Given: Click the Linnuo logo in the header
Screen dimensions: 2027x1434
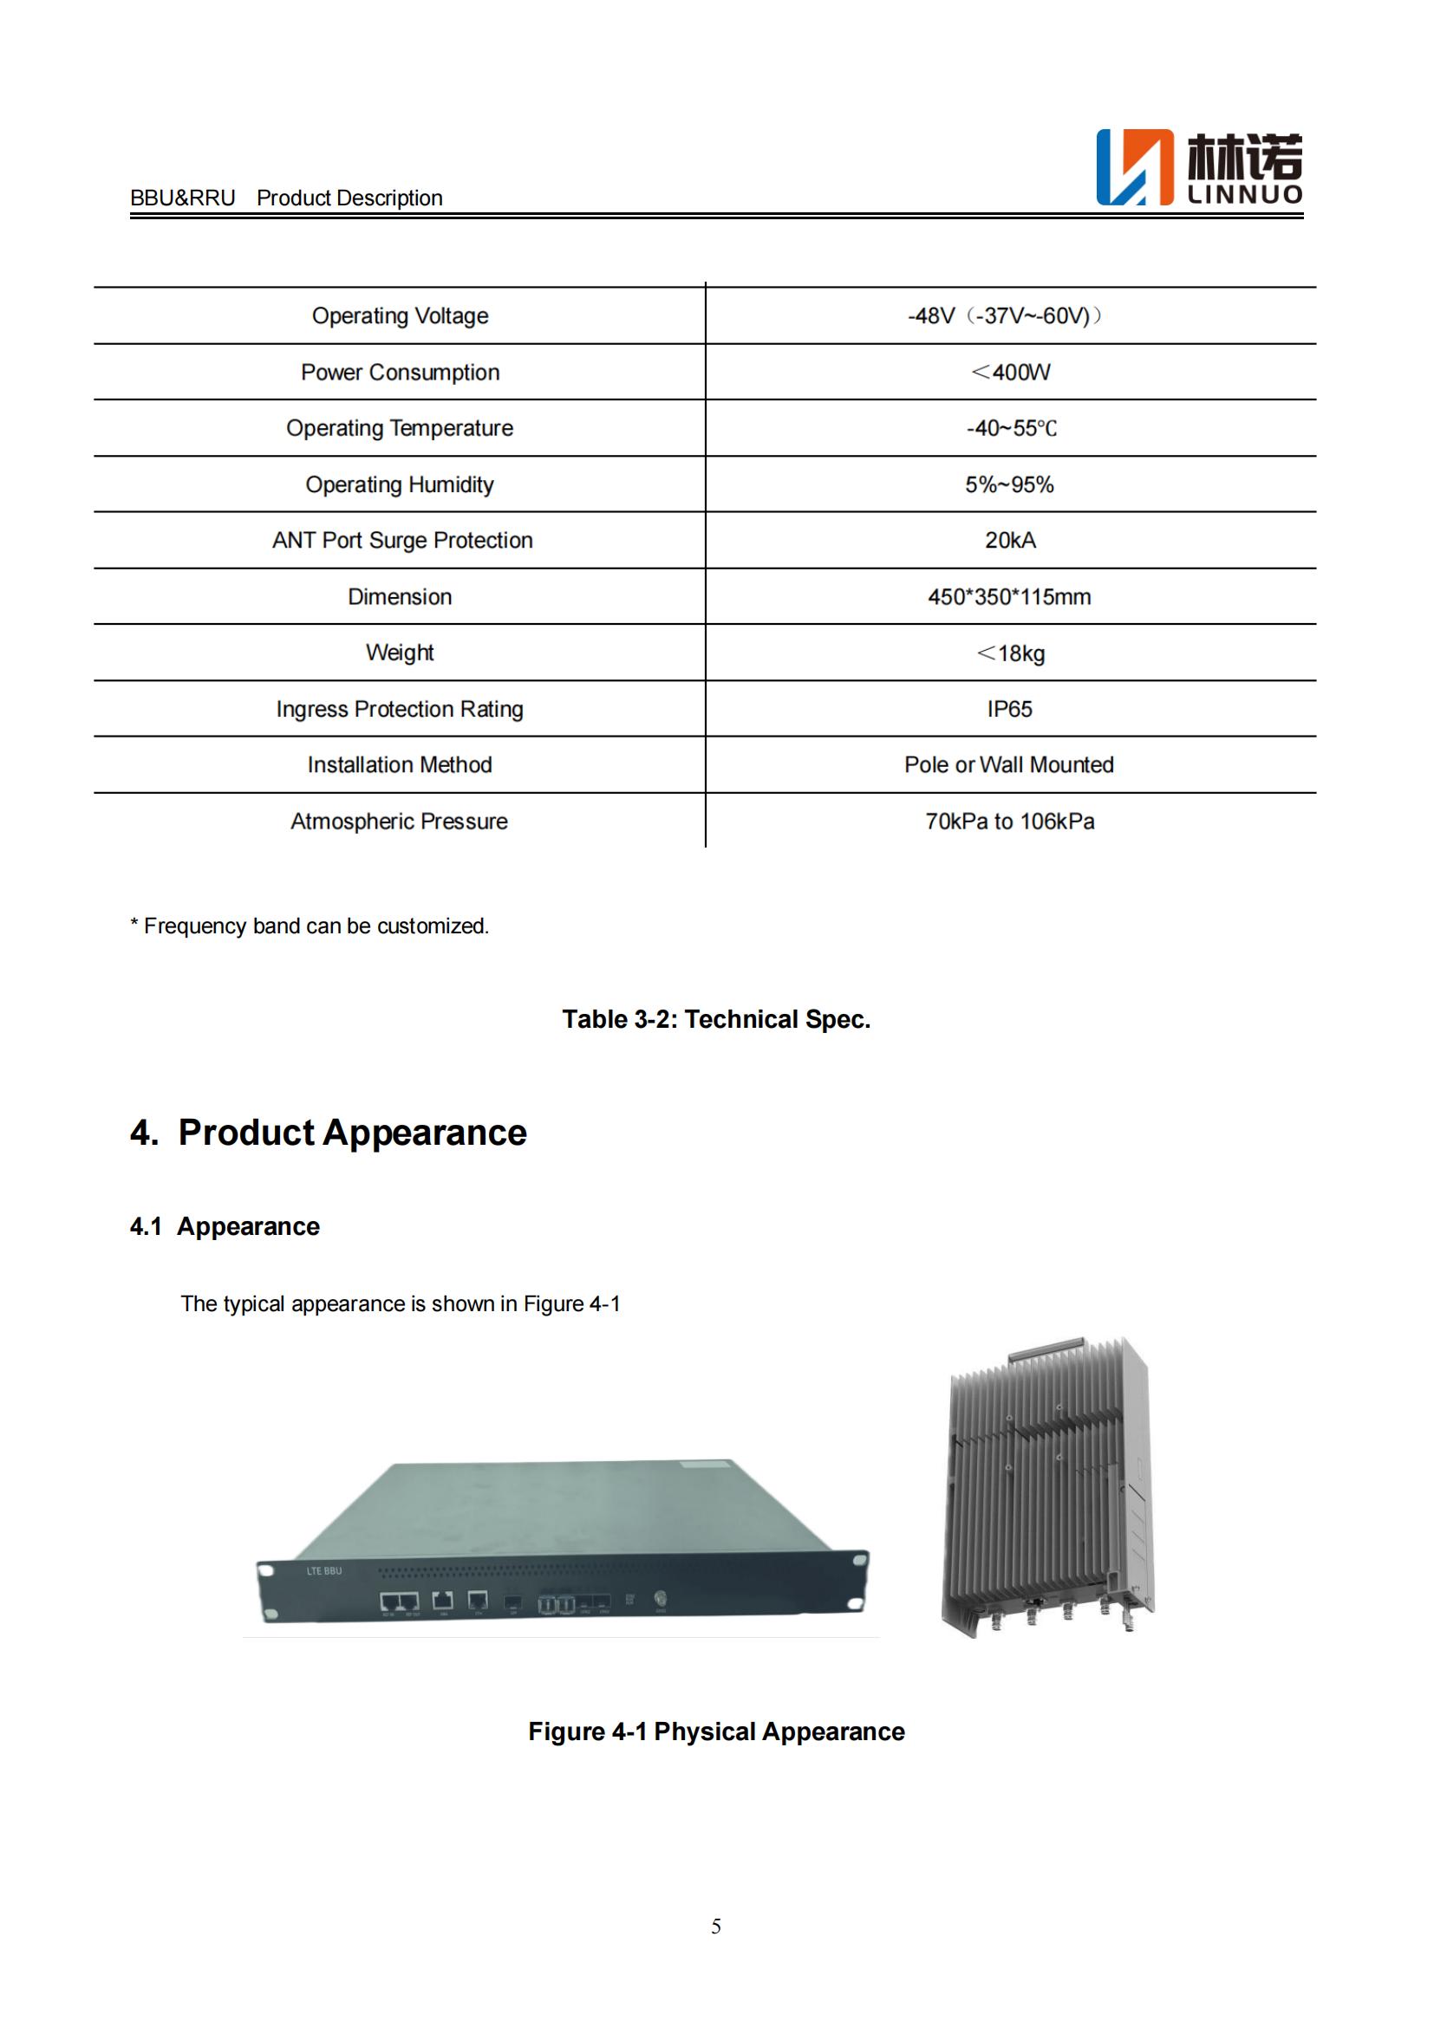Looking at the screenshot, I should tap(1198, 168).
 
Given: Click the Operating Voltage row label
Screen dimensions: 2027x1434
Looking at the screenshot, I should tap(400, 316).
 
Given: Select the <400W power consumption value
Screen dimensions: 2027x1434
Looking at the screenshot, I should tap(1010, 373).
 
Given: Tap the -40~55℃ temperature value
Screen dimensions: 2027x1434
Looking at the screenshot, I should tap(1010, 428).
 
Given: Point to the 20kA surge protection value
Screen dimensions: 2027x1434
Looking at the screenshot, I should tap(1010, 540).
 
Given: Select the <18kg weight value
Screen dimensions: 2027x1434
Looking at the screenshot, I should tap(1010, 653).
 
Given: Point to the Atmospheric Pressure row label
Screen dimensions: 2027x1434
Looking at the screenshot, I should tap(399, 821).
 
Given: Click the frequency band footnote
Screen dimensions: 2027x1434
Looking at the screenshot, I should tap(309, 926).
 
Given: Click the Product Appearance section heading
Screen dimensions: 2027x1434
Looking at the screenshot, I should tap(329, 1133).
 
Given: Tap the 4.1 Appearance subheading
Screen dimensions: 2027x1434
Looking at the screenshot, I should tap(225, 1226).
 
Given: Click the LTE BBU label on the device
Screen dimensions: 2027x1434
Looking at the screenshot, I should tap(324, 1570).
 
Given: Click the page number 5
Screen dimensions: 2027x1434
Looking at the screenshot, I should tap(716, 1926).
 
